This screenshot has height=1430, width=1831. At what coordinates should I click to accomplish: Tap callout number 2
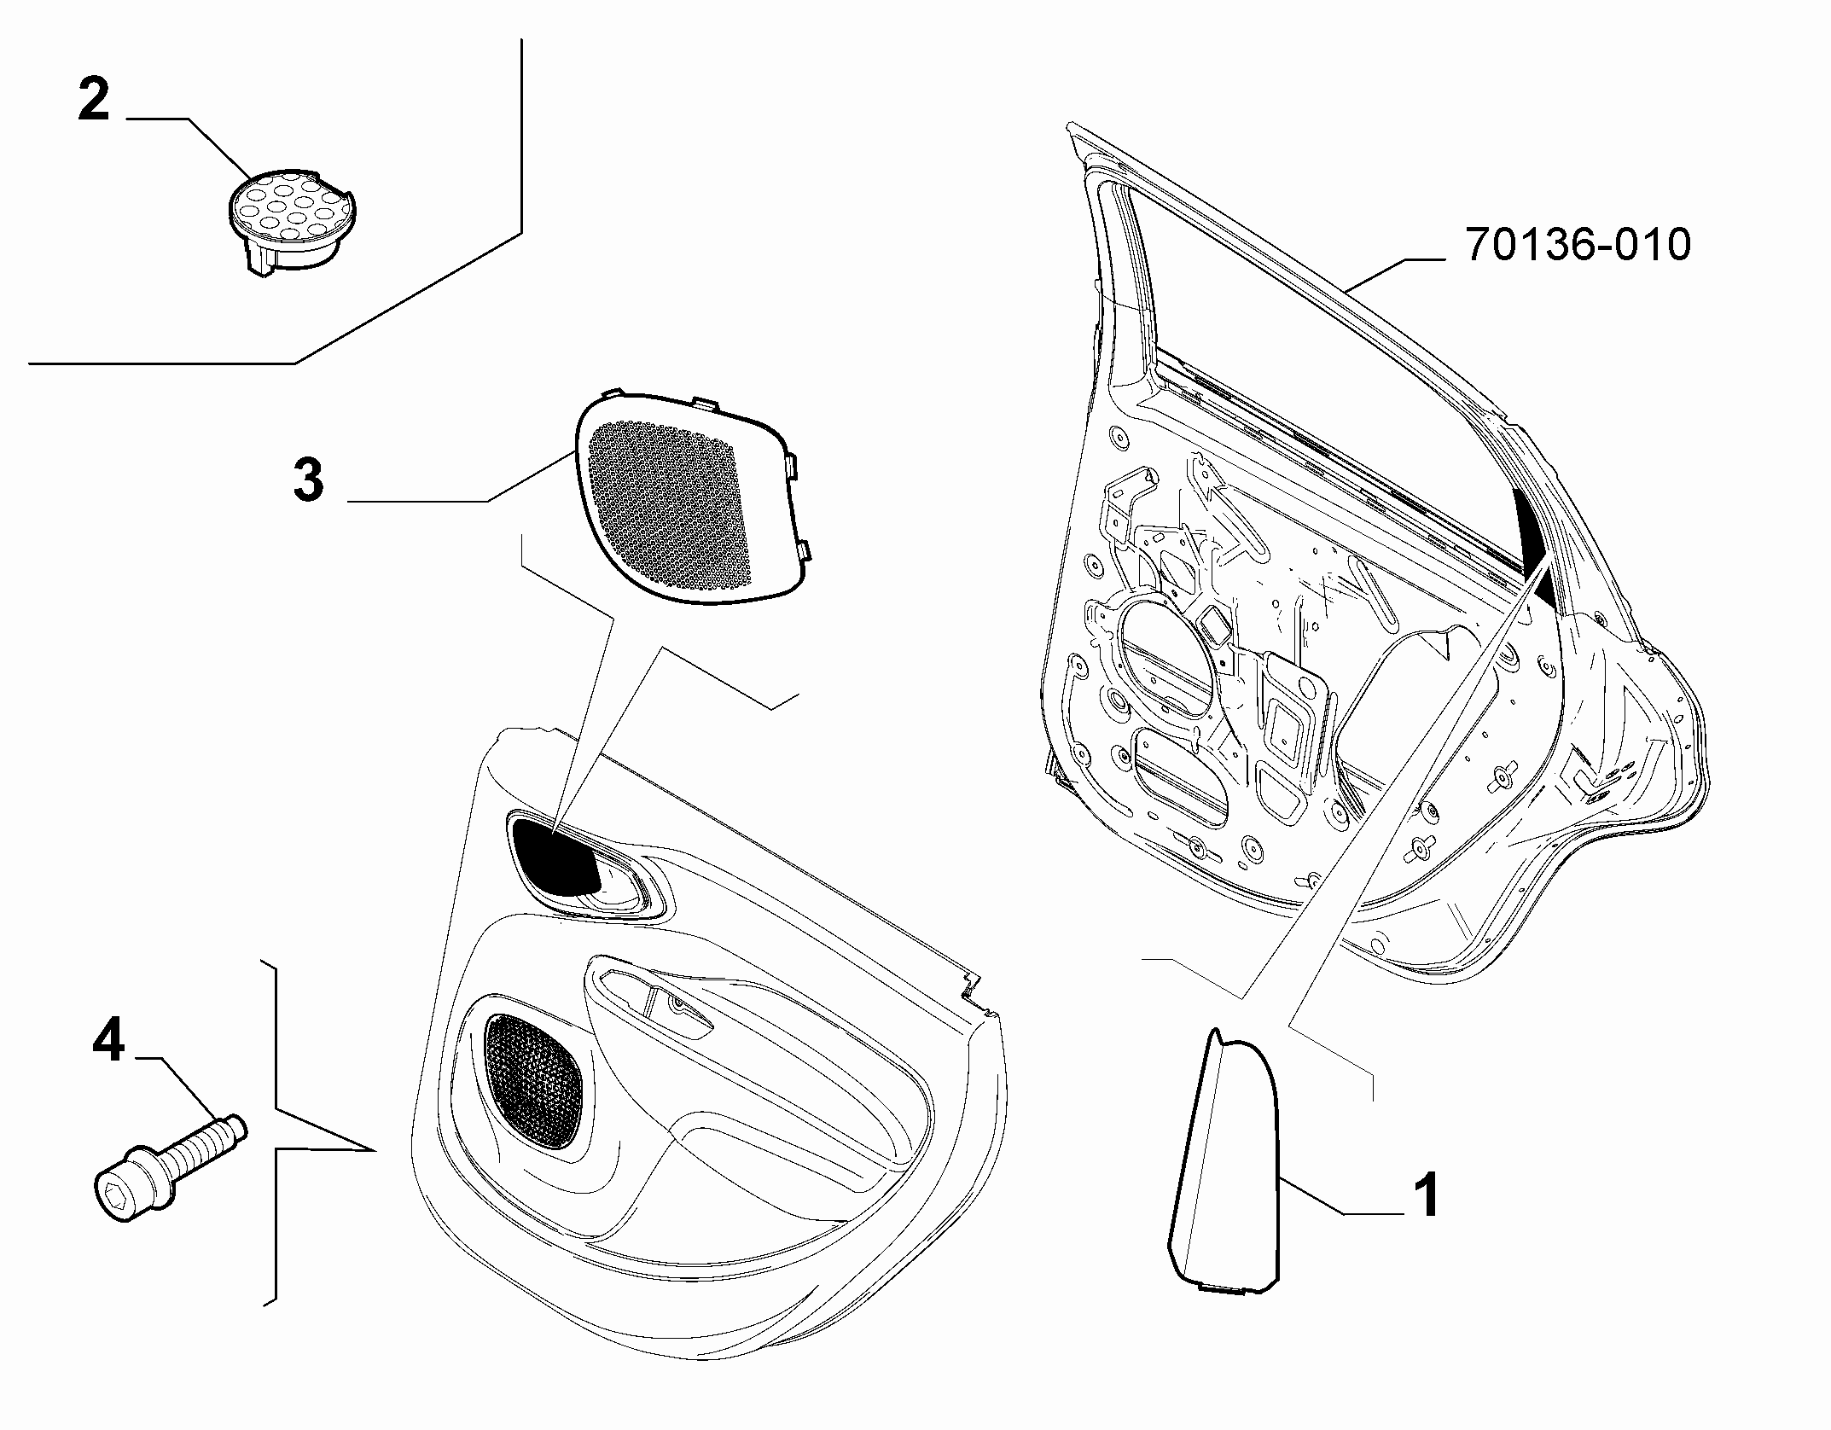click(95, 101)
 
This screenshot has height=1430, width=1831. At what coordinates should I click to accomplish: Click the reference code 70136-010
click(1577, 245)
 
